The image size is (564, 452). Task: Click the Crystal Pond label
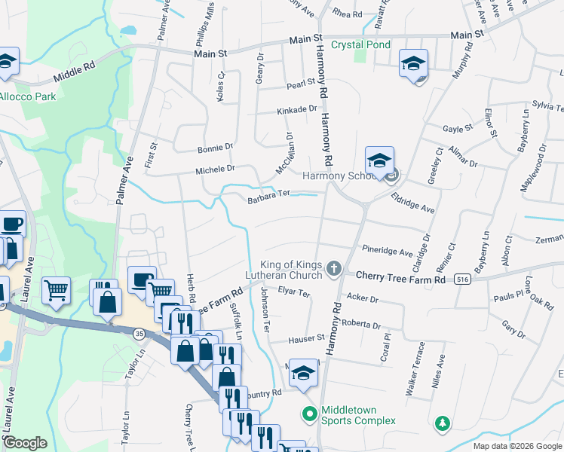point(359,45)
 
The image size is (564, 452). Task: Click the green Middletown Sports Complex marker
point(308,414)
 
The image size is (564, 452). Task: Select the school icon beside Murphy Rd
point(413,65)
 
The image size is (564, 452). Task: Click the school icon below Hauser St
point(303,373)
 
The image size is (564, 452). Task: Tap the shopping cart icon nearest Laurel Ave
point(57,290)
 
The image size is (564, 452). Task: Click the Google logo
point(26,442)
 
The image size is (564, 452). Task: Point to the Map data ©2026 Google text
point(516,446)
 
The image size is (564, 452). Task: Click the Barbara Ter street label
point(269,200)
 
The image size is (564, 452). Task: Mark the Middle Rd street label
point(75,74)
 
